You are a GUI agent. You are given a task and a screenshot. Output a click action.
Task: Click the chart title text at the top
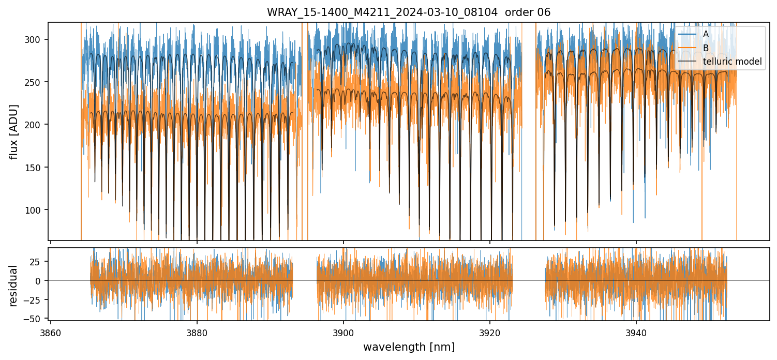pos(408,12)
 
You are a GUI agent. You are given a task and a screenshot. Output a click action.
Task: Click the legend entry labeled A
pos(706,34)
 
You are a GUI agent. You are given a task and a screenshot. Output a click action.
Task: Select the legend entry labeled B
pos(706,48)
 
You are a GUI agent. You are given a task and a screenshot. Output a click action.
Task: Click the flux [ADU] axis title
pos(14,131)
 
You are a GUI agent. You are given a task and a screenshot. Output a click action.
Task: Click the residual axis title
pos(14,286)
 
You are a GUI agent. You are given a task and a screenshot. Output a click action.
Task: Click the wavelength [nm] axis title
pos(409,347)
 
